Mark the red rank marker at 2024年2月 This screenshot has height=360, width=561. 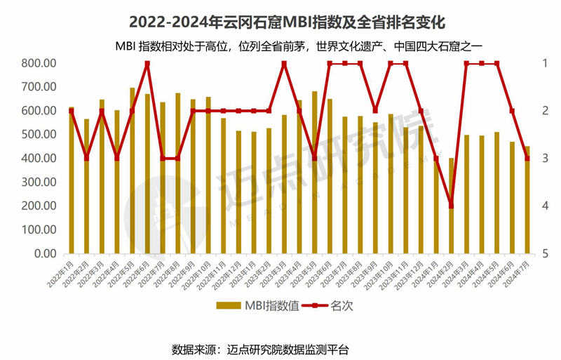(452, 206)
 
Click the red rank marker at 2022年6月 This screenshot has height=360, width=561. (147, 64)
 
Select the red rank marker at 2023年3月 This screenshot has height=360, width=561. (284, 64)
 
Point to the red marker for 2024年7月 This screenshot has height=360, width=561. (527, 159)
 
